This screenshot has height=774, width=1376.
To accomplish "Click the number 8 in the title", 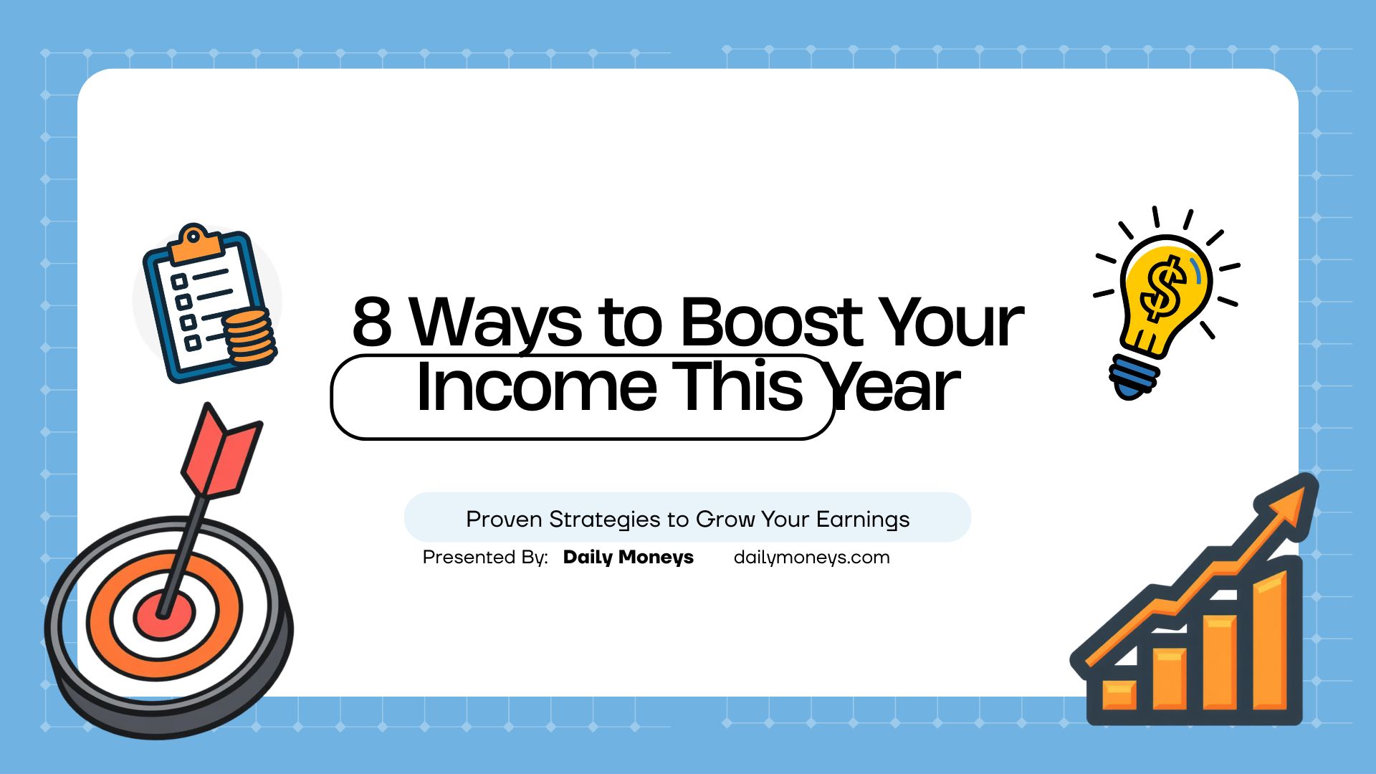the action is click(x=372, y=322).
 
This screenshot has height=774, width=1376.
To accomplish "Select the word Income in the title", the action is click(x=536, y=387).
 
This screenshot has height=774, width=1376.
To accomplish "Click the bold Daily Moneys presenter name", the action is click(x=628, y=558).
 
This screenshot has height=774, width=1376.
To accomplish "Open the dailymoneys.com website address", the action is click(x=811, y=558).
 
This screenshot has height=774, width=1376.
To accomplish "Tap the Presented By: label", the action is click(x=485, y=557).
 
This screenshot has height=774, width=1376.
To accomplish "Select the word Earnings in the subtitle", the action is click(x=863, y=519).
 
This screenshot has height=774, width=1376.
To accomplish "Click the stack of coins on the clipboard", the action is click(x=249, y=336).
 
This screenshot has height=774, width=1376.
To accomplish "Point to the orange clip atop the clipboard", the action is click(x=194, y=243).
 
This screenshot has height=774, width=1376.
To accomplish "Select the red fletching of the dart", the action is click(x=220, y=451).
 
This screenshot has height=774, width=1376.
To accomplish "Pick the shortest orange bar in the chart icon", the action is click(x=1119, y=694).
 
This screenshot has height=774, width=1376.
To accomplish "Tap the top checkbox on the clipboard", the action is click(x=179, y=281).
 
